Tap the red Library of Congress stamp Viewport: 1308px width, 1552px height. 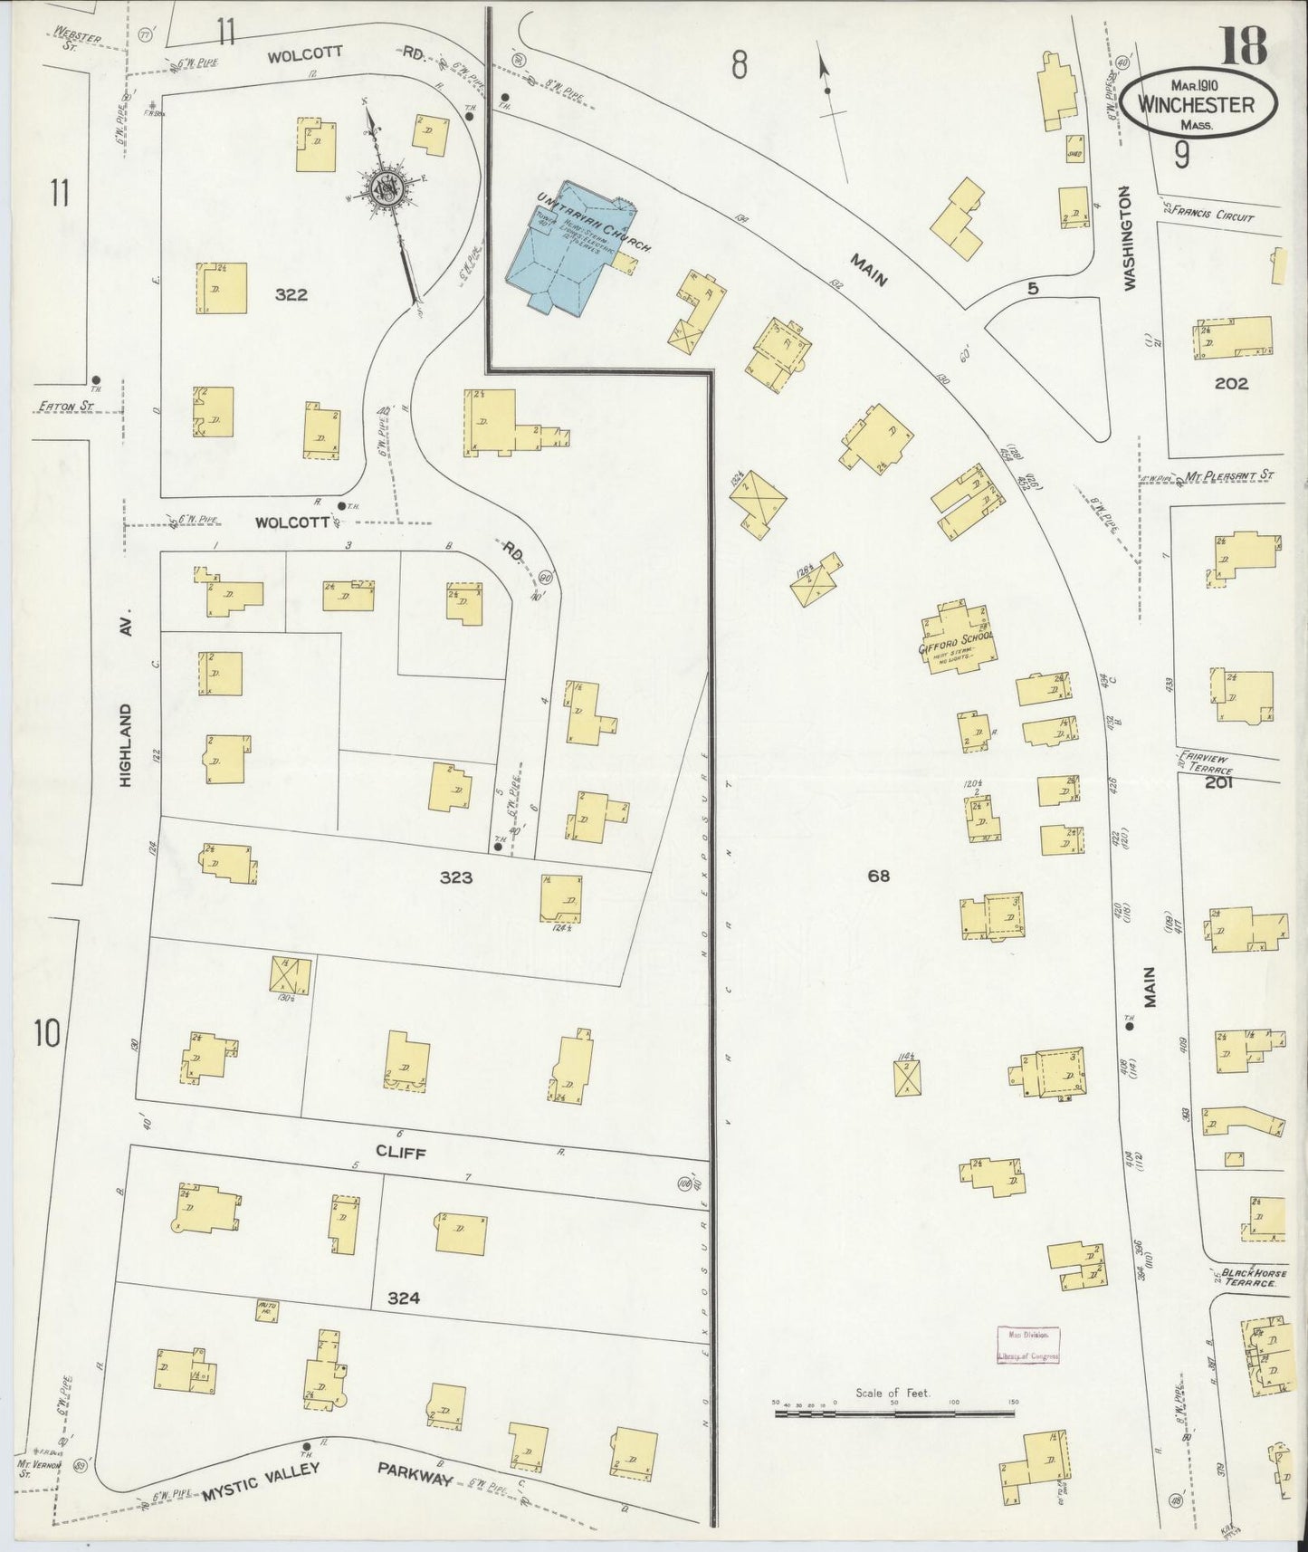point(1026,1345)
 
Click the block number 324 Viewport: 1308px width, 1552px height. point(403,1298)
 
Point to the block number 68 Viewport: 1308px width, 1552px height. point(878,876)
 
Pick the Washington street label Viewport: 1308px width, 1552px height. point(1128,238)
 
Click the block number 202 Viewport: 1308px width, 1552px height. point(1231,383)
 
